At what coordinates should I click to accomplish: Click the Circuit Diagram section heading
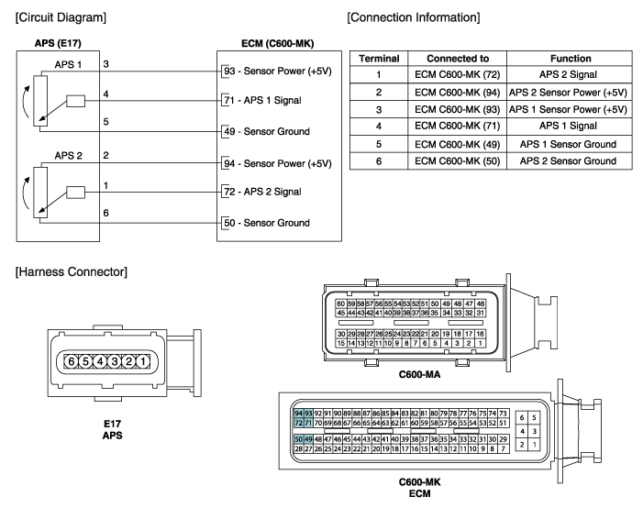(x=61, y=17)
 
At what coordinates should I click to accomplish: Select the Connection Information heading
(x=414, y=17)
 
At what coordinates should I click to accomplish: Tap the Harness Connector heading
(x=72, y=271)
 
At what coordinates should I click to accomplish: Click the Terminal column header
(x=379, y=59)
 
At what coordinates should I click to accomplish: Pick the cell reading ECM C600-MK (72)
(x=457, y=74)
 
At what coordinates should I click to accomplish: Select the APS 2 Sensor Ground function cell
(x=568, y=160)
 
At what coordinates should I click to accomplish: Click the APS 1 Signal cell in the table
(x=568, y=126)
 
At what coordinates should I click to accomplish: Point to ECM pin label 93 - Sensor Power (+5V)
(x=278, y=71)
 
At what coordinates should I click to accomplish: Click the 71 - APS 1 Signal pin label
(x=262, y=101)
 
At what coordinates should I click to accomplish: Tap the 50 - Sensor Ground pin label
(x=267, y=223)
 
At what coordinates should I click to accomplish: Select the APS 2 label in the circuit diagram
(x=69, y=156)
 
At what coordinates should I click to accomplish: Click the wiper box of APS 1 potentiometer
(x=76, y=101)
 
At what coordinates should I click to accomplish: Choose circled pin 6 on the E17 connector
(x=72, y=361)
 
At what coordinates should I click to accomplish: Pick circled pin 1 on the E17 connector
(x=143, y=361)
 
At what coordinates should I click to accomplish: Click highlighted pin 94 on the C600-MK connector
(x=299, y=414)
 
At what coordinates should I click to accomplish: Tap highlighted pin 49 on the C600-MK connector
(x=308, y=439)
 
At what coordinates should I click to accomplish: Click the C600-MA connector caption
(x=419, y=374)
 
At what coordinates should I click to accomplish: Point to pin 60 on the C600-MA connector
(x=341, y=304)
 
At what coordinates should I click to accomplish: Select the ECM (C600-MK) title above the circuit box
(x=278, y=43)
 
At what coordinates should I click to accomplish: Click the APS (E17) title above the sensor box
(x=58, y=43)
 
